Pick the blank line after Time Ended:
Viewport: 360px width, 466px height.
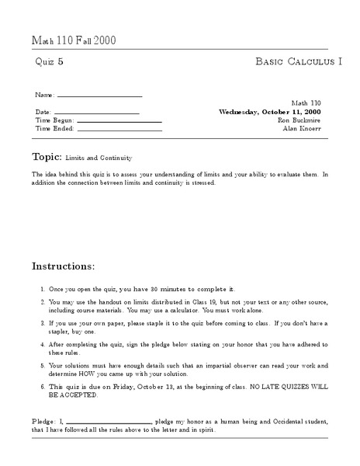(x=119, y=130)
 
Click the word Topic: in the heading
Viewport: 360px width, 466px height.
(x=49, y=155)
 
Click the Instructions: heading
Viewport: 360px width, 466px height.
(x=63, y=266)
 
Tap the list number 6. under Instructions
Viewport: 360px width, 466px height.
(x=42, y=384)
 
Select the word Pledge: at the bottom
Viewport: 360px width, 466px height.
(x=43, y=419)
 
